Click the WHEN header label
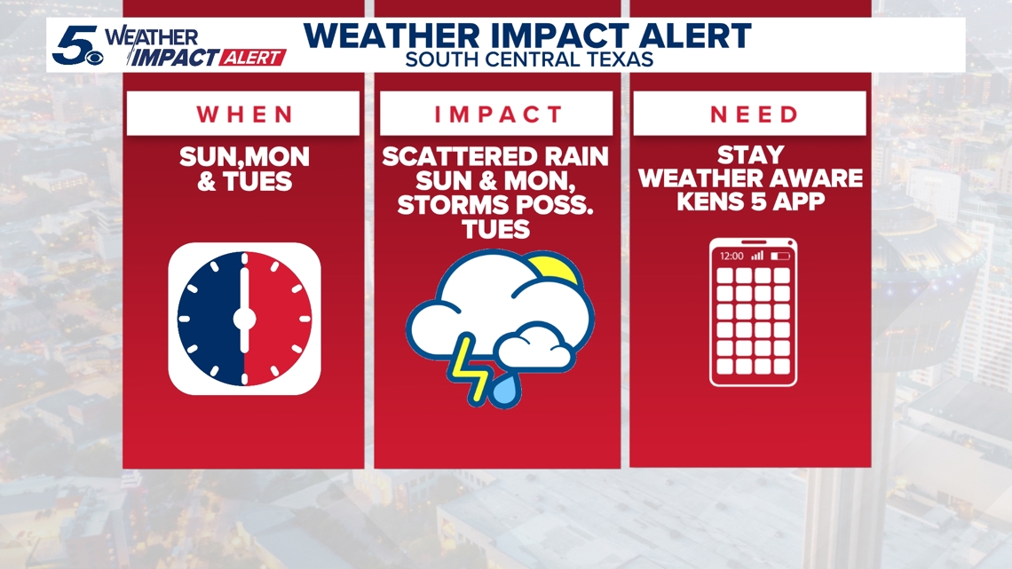(x=245, y=115)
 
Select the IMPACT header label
(x=498, y=115)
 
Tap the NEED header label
(x=754, y=115)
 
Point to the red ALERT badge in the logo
(x=252, y=58)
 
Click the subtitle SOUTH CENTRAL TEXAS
(x=529, y=59)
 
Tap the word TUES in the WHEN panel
(x=257, y=182)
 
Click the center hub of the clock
(x=245, y=319)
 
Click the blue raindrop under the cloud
(x=505, y=390)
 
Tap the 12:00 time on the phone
(x=731, y=257)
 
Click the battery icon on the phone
(x=780, y=257)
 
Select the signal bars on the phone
(x=757, y=256)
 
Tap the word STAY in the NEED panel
(x=751, y=154)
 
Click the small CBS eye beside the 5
(x=94, y=58)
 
